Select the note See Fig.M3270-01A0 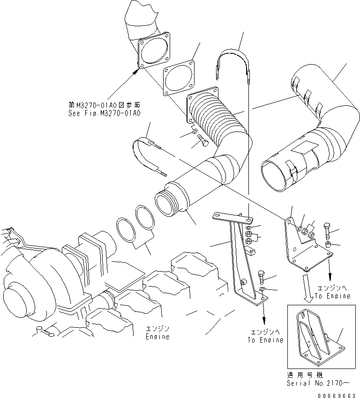point(104,113)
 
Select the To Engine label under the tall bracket point(265,340)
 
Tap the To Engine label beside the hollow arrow point(332,296)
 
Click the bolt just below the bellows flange point(204,140)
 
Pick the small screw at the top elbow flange point(135,72)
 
